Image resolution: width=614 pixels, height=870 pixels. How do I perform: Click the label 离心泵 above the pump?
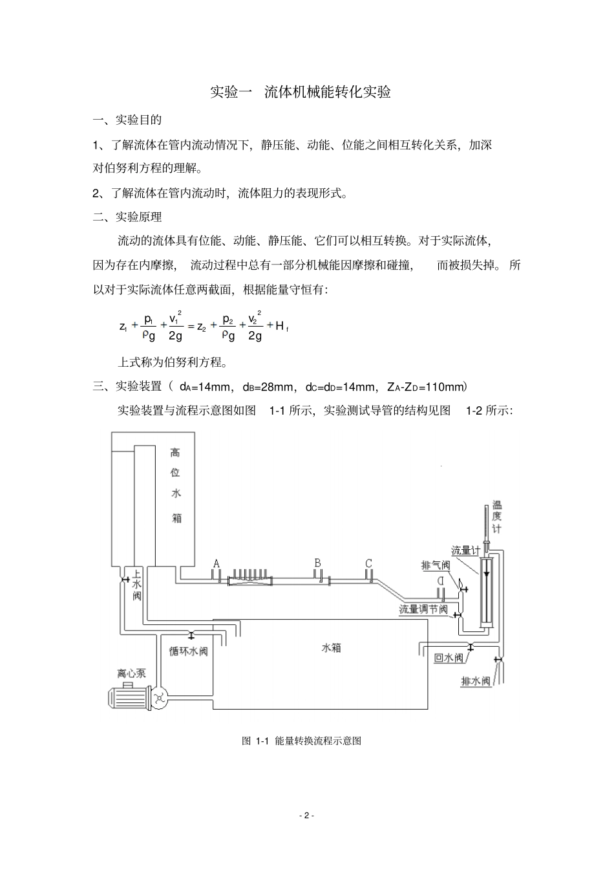click(131, 673)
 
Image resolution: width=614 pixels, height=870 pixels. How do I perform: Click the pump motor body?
click(127, 697)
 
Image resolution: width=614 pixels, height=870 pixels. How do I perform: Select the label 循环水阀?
click(189, 651)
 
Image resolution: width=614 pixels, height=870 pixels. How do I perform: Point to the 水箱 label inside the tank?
click(331, 647)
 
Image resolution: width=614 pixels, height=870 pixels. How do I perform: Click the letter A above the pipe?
click(217, 563)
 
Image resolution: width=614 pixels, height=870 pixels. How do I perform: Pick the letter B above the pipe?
click(317, 563)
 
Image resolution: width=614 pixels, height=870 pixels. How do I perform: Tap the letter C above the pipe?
click(368, 563)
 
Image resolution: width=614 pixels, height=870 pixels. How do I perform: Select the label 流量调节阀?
click(423, 609)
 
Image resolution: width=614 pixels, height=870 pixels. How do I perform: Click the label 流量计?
click(465, 550)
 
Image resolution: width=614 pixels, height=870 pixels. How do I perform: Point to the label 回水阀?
click(449, 658)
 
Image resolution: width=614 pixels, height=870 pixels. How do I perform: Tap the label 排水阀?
click(476, 681)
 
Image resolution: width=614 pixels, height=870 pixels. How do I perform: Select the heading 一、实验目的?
click(127, 120)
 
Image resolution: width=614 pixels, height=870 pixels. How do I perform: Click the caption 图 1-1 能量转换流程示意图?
click(301, 741)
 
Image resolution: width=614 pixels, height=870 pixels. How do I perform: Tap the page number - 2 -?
click(306, 815)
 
